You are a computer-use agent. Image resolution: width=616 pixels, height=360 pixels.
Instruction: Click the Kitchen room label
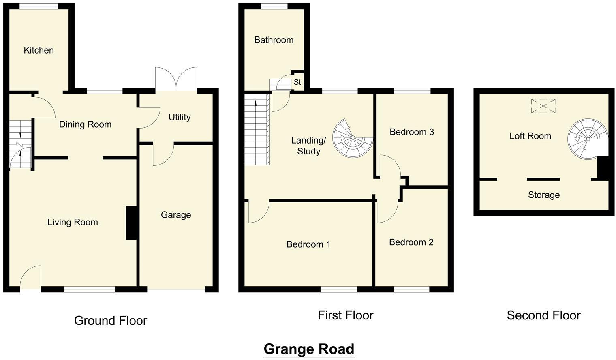[38, 50]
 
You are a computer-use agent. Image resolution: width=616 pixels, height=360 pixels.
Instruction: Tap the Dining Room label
[85, 124]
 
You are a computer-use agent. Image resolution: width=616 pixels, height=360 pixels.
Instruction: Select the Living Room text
[73, 222]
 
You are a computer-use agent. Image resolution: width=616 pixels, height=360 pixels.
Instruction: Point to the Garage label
[175, 215]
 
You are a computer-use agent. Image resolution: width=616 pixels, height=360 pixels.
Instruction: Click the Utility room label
[179, 117]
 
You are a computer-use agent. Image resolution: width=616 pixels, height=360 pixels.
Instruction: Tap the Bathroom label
[274, 40]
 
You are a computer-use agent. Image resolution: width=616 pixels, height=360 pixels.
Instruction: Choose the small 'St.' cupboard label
[298, 82]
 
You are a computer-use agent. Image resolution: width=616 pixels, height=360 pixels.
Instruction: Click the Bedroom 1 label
[308, 244]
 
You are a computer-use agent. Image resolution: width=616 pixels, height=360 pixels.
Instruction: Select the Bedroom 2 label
[411, 242]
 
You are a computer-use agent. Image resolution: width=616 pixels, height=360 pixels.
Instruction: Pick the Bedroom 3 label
[411, 132]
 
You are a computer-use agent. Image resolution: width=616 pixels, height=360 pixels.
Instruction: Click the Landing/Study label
[308, 146]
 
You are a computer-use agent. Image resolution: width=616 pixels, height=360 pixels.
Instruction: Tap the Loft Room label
[530, 136]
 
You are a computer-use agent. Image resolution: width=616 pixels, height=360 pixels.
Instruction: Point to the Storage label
[543, 195]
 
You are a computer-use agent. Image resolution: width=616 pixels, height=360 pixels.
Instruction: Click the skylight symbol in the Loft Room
[543, 106]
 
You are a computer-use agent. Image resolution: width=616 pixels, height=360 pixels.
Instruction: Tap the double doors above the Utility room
[176, 79]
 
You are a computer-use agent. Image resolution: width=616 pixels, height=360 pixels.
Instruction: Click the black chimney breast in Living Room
[131, 223]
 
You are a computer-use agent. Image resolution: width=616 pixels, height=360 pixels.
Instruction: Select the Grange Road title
[309, 349]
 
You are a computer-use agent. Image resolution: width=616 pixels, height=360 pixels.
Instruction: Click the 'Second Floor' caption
[543, 315]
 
